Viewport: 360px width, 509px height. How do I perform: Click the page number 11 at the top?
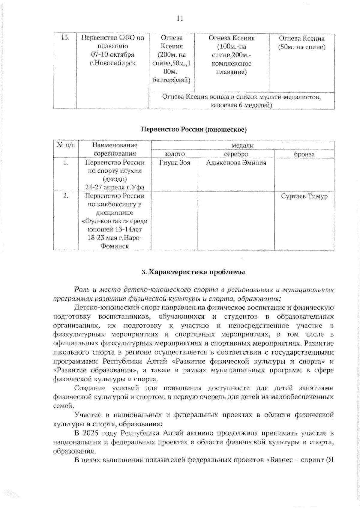[x=180, y=18]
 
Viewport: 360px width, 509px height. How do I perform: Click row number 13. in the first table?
[x=65, y=38]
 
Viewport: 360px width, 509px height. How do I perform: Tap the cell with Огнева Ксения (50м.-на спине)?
[x=301, y=43]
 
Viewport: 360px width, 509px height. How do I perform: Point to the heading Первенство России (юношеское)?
[x=194, y=129]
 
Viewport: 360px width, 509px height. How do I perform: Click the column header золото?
[x=174, y=154]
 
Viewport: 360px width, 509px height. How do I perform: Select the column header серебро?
[x=236, y=154]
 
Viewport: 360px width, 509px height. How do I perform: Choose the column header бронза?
[x=304, y=154]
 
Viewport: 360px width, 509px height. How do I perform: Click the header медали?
[x=242, y=145]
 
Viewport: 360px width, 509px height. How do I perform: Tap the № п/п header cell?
[x=66, y=145]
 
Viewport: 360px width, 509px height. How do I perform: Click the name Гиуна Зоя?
[x=175, y=163]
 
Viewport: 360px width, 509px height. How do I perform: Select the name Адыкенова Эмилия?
[x=236, y=163]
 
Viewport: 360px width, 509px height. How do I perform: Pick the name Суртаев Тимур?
[x=304, y=196]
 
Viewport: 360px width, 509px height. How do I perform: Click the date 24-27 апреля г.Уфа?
[x=115, y=187]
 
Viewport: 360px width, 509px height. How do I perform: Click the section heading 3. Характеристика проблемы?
[x=193, y=272]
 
